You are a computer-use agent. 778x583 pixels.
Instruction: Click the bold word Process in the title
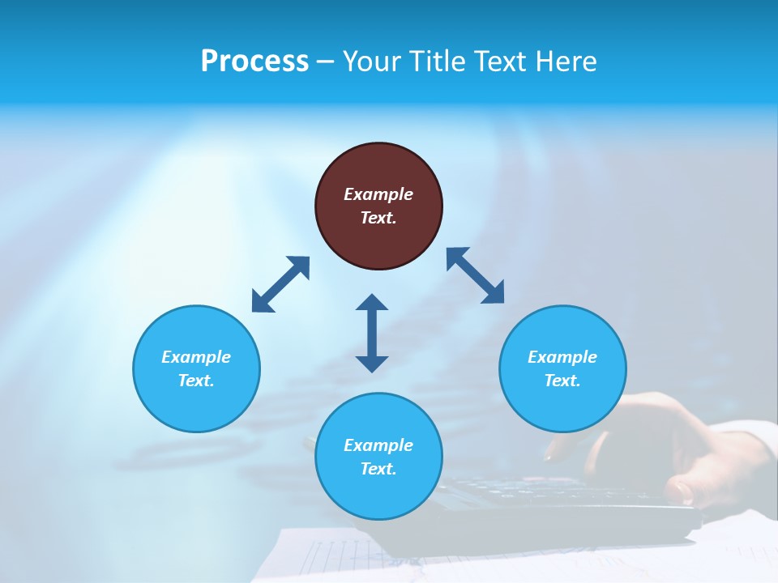pos(254,62)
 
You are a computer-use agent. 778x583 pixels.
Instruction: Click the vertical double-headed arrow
pos(372,333)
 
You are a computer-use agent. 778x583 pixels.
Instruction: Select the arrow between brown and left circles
pos(280,284)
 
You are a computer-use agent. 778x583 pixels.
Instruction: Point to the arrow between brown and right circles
pos(475,275)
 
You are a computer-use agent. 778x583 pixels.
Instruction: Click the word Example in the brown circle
pos(378,194)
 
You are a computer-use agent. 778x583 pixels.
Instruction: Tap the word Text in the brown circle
pos(378,218)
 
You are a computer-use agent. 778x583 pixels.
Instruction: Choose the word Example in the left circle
pos(196,357)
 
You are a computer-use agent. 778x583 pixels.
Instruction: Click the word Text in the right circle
pos(562,381)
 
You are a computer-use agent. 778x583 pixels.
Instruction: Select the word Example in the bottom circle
pos(378,445)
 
